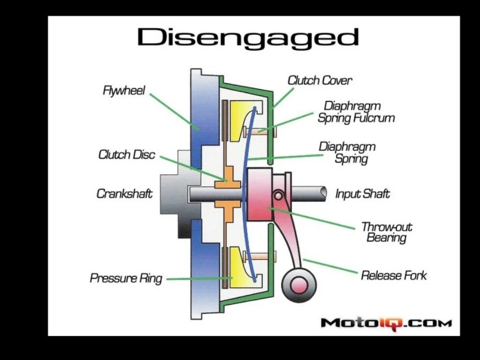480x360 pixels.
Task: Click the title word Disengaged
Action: [248, 38]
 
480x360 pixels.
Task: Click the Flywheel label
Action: [123, 91]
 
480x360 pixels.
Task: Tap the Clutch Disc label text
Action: [128, 154]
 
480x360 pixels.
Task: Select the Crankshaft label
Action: [124, 194]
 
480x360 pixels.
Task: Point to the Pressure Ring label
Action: [126, 278]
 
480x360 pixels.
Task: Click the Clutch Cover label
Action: [320, 80]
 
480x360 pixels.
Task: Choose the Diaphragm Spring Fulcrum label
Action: [356, 112]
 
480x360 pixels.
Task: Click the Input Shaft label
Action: [362, 194]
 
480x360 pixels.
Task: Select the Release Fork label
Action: [394, 276]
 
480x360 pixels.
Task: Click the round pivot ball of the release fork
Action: [296, 283]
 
